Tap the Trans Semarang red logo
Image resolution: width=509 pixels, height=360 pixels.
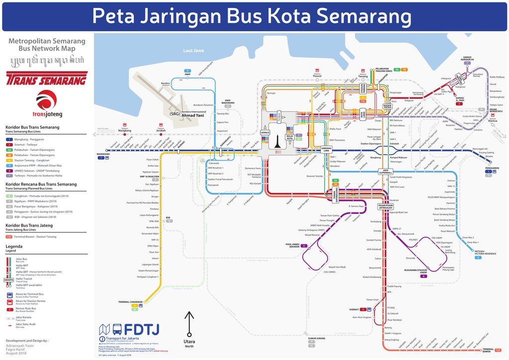47,79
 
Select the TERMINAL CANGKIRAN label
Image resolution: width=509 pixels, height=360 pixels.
130,302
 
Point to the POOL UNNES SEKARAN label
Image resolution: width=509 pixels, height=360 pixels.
296,245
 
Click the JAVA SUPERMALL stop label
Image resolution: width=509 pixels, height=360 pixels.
385,171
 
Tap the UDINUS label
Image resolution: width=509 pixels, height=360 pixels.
264,132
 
